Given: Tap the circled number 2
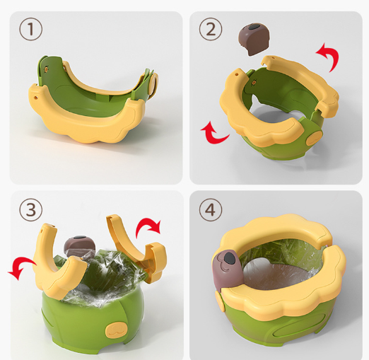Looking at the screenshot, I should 211,29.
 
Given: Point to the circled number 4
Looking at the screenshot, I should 211,209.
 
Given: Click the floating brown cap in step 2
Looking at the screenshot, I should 253,39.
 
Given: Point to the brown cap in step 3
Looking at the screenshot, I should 78,248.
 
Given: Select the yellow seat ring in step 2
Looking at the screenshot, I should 269,120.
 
